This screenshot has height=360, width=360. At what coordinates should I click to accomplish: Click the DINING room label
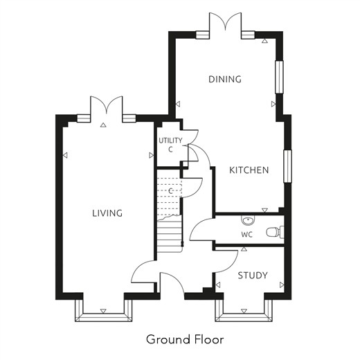pyautogui.click(x=225, y=79)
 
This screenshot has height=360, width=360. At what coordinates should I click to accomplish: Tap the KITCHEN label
pyautogui.click(x=249, y=170)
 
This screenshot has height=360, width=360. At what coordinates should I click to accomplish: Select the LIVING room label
pyautogui.click(x=107, y=213)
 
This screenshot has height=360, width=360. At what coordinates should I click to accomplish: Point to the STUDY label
pyautogui.click(x=253, y=276)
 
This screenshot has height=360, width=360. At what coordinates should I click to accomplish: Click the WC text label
pyautogui.click(x=247, y=235)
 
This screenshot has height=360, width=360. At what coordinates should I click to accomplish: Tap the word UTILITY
pyautogui.click(x=170, y=141)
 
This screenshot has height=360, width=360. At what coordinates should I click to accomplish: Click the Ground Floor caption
pyautogui.click(x=185, y=339)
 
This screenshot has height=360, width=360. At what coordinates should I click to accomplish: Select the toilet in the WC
pyautogui.click(x=275, y=232)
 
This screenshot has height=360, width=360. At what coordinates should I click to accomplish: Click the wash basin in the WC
pyautogui.click(x=248, y=220)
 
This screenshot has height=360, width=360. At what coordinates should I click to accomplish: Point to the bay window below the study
pyautogui.click(x=244, y=310)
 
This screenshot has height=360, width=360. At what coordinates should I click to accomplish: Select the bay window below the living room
pyautogui.click(x=103, y=310)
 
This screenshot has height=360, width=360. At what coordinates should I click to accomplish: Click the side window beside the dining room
pyautogui.click(x=279, y=77)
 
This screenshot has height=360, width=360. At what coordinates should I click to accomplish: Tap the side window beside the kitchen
pyautogui.click(x=287, y=166)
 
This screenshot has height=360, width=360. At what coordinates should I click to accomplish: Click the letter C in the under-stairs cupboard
pyautogui.click(x=170, y=191)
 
